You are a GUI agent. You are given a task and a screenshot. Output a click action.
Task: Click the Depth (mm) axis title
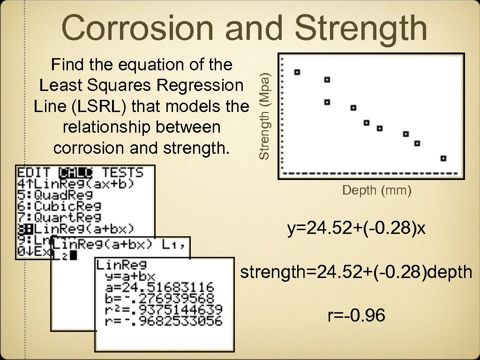click(377, 191)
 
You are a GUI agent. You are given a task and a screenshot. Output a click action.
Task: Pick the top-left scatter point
click(297, 72)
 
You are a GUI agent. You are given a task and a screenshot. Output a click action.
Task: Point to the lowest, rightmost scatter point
click(443, 158)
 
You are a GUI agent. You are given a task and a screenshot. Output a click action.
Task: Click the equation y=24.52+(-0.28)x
click(357, 230)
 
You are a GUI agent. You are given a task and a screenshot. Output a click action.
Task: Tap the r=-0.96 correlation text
click(357, 316)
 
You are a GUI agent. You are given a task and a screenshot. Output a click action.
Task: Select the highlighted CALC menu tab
click(76, 172)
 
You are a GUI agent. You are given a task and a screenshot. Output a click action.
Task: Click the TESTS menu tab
click(123, 172)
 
